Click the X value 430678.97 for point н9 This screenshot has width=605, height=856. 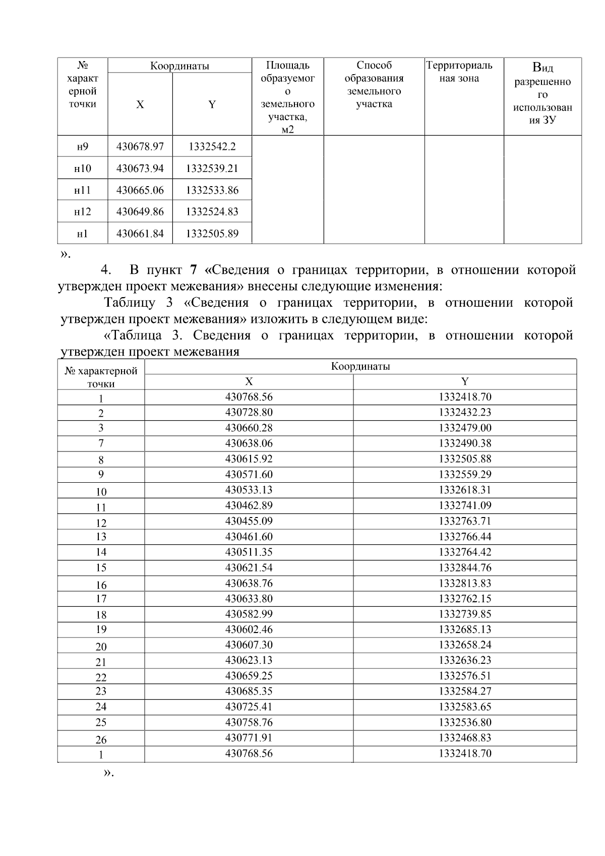[140, 147]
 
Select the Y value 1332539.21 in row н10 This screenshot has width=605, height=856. [212, 168]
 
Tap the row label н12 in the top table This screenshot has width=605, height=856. [82, 212]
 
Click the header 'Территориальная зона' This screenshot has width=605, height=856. [459, 72]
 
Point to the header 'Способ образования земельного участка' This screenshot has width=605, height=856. [374, 85]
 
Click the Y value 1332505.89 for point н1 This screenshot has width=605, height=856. [212, 234]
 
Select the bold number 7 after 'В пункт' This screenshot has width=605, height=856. [194, 270]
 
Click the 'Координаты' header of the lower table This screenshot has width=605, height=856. [360, 367]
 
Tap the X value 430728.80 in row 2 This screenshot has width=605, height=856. [249, 412]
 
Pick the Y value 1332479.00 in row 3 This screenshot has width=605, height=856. [465, 428]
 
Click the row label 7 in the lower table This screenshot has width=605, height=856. [101, 443]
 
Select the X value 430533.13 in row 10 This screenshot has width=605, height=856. [249, 490]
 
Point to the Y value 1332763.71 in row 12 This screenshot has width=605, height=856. [465, 521]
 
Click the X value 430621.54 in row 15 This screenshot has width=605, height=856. [249, 567]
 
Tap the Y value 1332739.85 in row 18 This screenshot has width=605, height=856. [465, 614]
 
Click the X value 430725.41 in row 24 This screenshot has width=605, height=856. [249, 707]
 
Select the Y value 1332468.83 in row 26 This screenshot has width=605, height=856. [465, 738]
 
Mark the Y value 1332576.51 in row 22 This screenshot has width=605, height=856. [465, 676]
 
